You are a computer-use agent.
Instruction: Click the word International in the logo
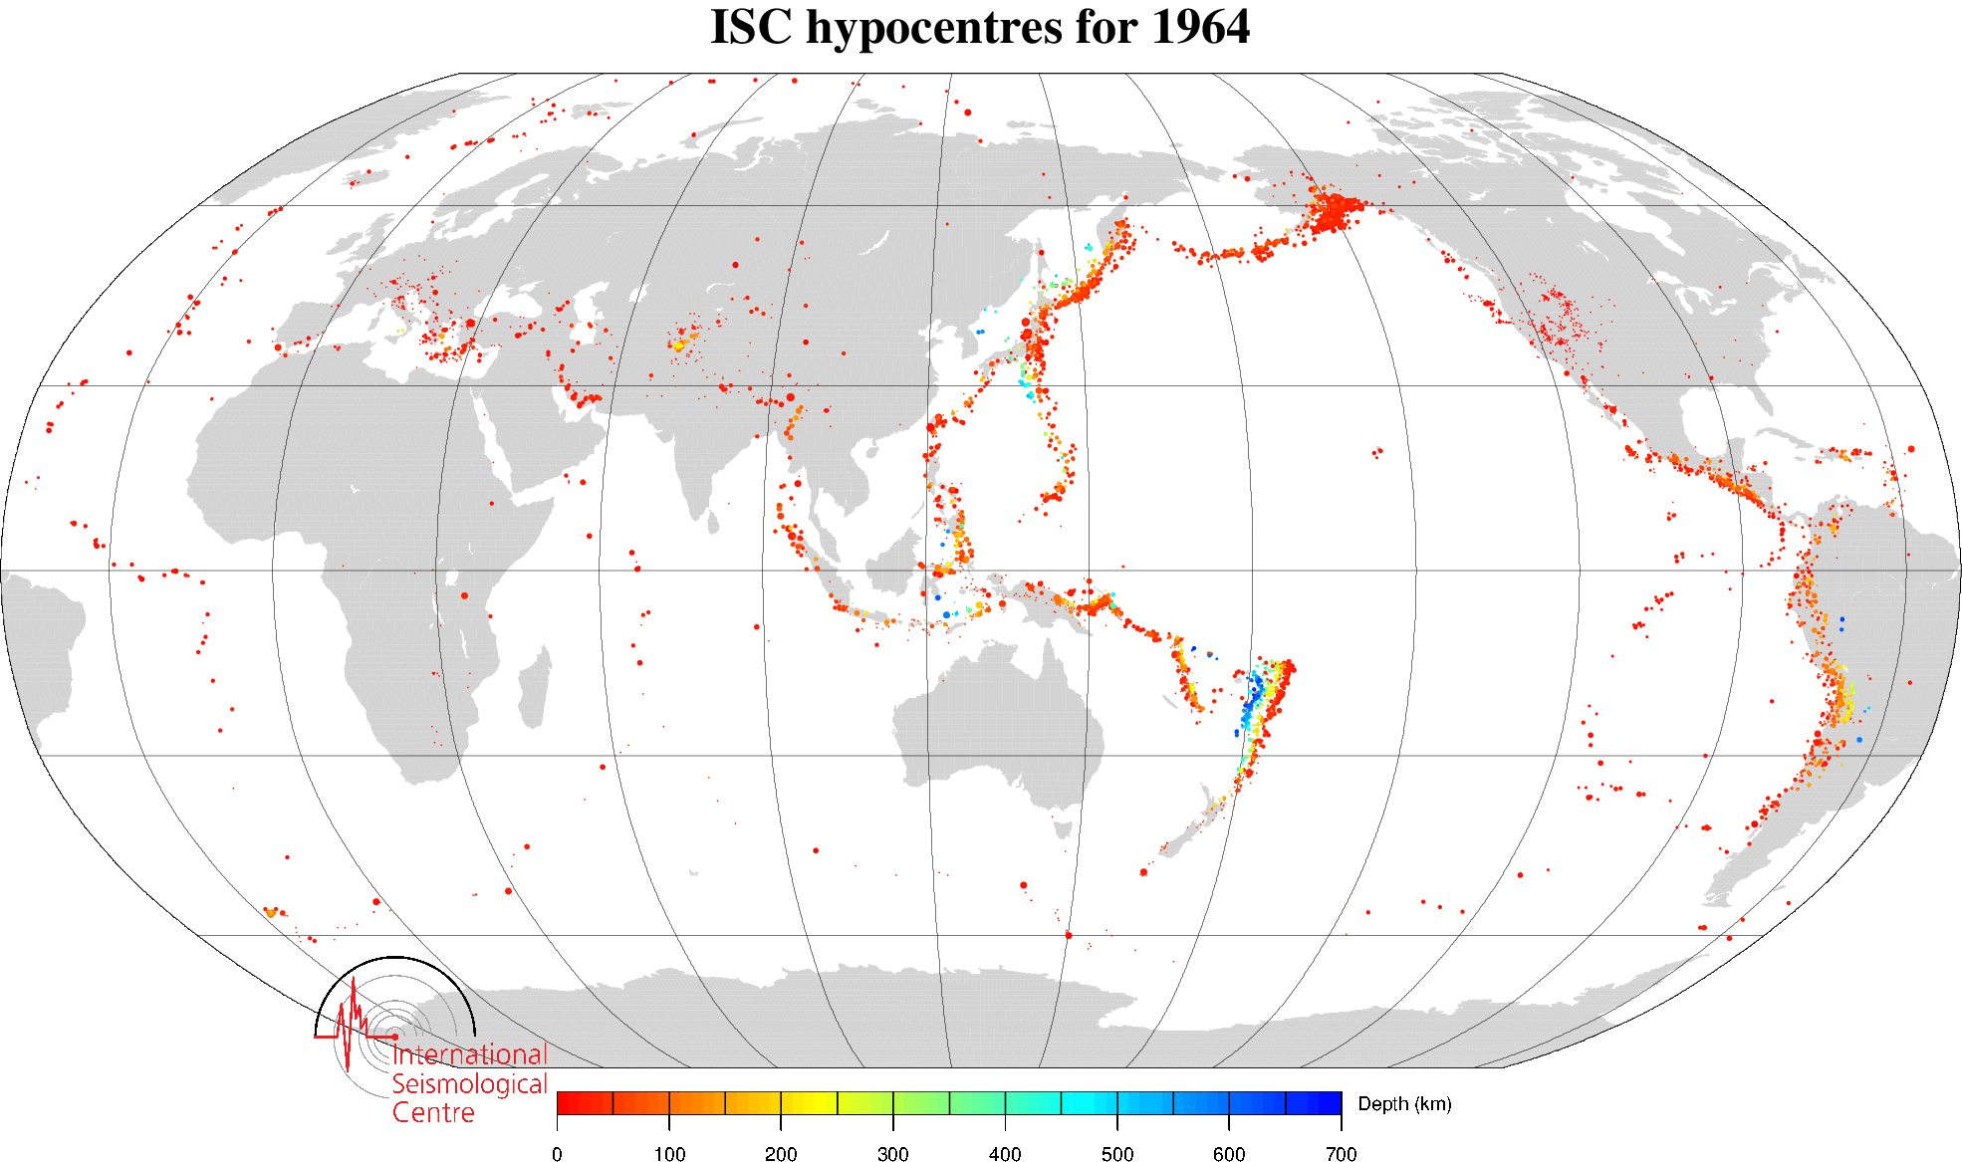pyautogui.click(x=470, y=1054)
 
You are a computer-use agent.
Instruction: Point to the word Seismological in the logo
pyautogui.click(x=469, y=1083)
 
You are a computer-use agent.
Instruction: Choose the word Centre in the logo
pyautogui.click(x=433, y=1112)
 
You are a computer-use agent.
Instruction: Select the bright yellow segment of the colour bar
pyautogui.click(x=809, y=1102)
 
